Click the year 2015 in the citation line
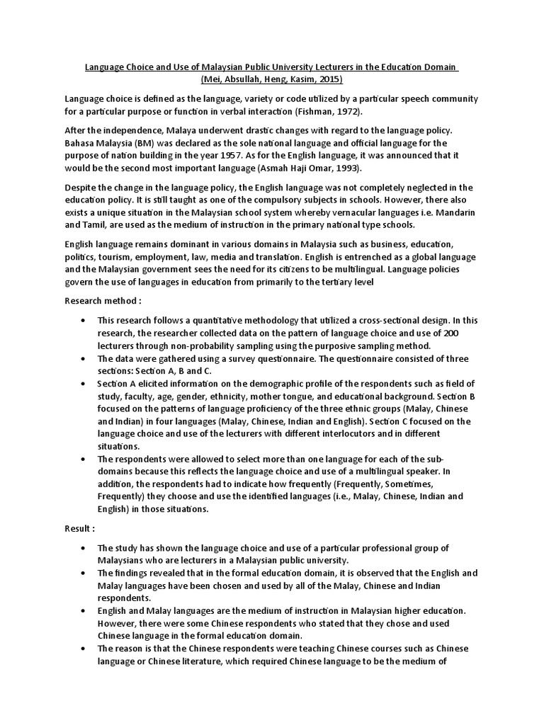click(x=330, y=79)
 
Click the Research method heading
click(x=96, y=299)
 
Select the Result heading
click(x=79, y=528)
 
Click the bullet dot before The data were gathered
click(x=85, y=359)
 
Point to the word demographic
click(x=267, y=384)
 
